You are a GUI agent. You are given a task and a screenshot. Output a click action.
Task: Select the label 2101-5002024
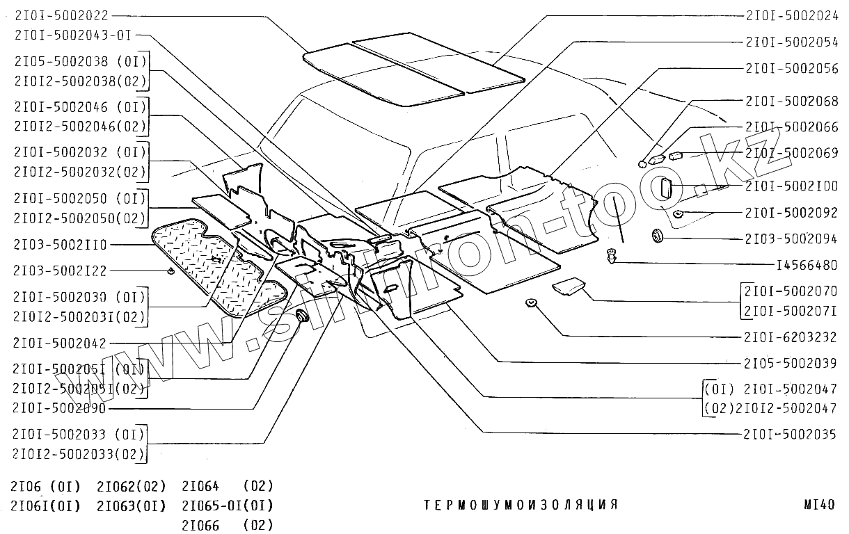[x=792, y=15]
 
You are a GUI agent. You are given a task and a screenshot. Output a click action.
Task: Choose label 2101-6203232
[x=792, y=337]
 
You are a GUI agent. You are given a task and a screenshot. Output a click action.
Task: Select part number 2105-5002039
[x=792, y=363]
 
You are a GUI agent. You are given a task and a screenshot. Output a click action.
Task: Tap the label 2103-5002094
[x=792, y=238]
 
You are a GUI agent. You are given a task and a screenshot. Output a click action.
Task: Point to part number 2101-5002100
[x=792, y=187]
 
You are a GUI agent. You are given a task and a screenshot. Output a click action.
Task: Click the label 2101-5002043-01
[x=72, y=34]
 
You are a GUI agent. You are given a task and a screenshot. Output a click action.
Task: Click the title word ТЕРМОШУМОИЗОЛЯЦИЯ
[x=521, y=505]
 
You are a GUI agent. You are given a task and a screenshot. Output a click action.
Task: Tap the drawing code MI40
[x=818, y=505]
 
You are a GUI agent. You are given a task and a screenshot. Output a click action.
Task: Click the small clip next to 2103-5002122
[x=170, y=270]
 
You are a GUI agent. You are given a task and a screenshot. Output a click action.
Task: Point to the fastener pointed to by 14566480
[x=612, y=256]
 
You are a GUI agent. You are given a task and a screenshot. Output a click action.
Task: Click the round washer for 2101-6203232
[x=531, y=303]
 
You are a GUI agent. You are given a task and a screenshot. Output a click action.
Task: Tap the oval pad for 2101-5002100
[x=666, y=188]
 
